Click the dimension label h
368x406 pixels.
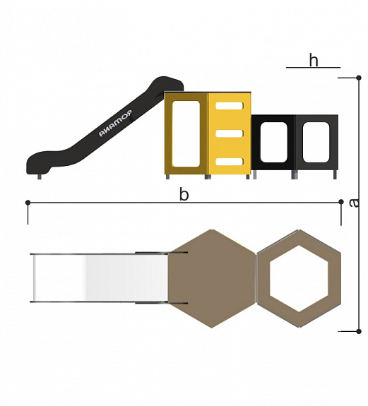click(x=314, y=60)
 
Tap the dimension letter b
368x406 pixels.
click(x=184, y=194)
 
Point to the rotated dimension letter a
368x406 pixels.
click(x=354, y=203)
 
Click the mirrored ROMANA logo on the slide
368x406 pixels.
click(x=115, y=123)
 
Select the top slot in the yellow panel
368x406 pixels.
click(x=229, y=106)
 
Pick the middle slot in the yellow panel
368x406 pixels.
click(x=229, y=133)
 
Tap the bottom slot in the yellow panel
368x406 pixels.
click(x=229, y=161)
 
